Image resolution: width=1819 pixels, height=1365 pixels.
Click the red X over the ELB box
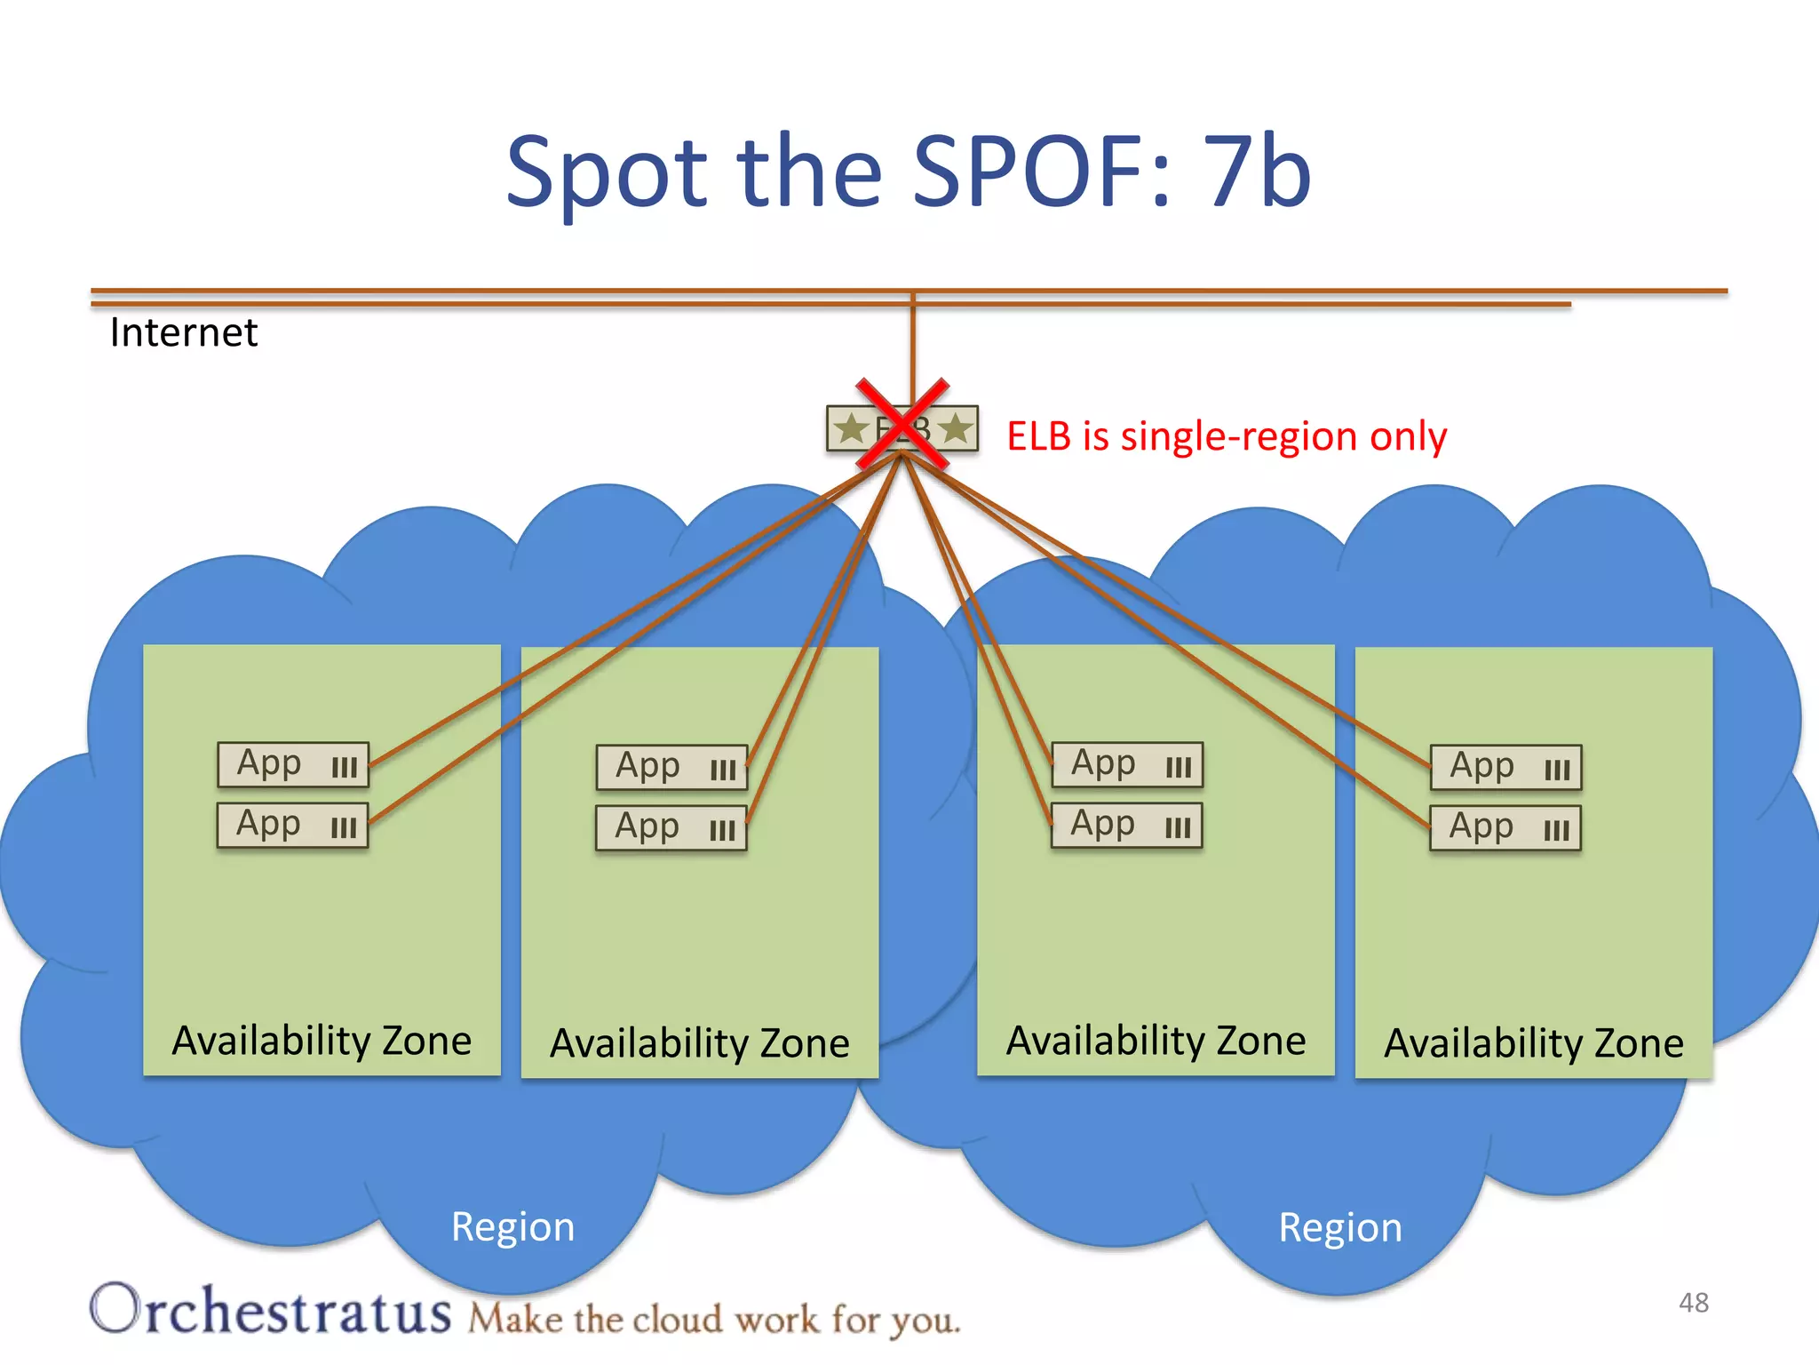click(902, 425)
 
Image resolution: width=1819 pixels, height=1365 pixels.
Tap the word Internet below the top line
click(183, 333)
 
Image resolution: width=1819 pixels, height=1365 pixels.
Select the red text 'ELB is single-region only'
click(1227, 436)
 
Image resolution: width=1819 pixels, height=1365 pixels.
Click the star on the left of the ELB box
click(852, 429)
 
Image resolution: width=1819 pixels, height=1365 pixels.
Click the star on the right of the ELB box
click(956, 429)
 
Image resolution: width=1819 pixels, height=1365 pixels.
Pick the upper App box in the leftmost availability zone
click(293, 765)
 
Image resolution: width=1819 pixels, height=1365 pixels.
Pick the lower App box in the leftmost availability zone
click(293, 826)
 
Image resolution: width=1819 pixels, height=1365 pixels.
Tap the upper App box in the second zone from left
click(671, 768)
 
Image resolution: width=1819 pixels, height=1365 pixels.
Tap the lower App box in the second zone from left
click(671, 828)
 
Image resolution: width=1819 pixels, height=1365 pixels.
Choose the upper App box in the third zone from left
click(1127, 765)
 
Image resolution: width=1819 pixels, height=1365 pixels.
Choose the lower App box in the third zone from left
click(1127, 826)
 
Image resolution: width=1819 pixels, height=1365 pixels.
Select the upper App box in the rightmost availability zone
click(1505, 768)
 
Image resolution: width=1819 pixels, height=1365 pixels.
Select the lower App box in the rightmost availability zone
click(1505, 828)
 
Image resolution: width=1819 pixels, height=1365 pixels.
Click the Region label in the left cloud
click(512, 1227)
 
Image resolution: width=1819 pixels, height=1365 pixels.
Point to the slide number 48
click(1694, 1303)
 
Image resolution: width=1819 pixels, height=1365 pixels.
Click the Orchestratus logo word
click(271, 1310)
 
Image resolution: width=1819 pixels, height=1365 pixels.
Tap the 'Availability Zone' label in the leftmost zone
click(322, 1041)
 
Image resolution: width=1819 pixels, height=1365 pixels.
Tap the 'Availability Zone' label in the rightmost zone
click(1534, 1043)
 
